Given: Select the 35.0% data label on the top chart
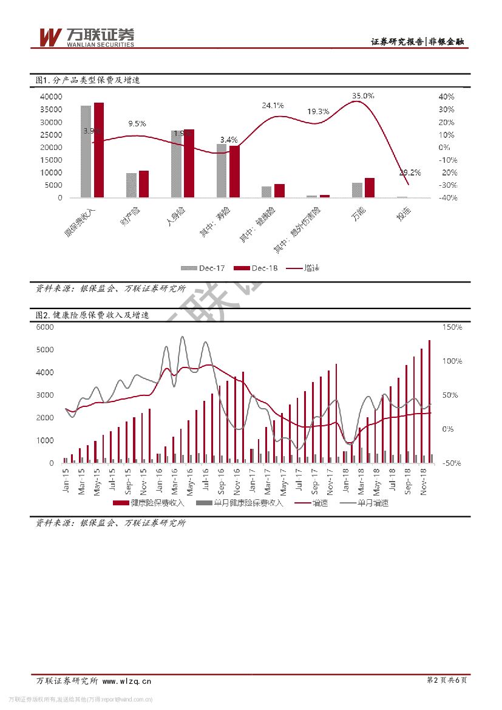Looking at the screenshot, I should click(x=363, y=96).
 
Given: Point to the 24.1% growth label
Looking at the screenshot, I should click(x=273, y=105).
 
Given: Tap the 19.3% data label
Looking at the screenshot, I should click(x=318, y=112).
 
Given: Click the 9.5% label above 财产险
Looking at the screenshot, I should click(x=137, y=124).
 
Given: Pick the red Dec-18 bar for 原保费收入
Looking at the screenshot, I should click(x=99, y=150).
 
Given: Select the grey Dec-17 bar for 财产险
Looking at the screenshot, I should click(x=132, y=185).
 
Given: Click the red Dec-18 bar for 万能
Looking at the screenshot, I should click(x=370, y=188).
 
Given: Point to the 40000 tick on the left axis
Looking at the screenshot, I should click(x=50, y=97).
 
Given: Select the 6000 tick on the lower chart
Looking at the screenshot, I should click(x=46, y=327).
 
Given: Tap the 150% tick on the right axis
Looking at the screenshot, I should click(x=452, y=327).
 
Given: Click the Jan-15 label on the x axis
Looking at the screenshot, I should click(x=66, y=479).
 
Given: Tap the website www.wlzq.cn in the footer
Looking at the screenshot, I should click(x=127, y=681).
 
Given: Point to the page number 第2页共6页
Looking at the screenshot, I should click(x=447, y=681).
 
